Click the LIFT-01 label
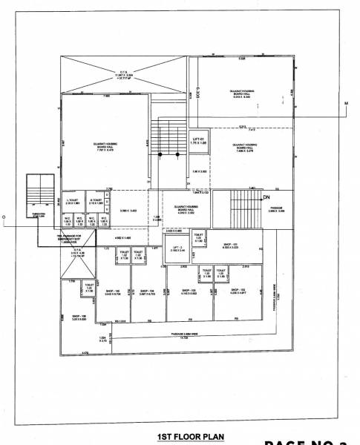[197, 139]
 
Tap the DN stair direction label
[265, 197]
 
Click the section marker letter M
[345, 102]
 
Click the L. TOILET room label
[73, 201]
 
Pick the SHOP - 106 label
[79, 317]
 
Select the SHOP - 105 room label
[114, 291]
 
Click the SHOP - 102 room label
[238, 291]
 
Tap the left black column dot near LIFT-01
[160, 154]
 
